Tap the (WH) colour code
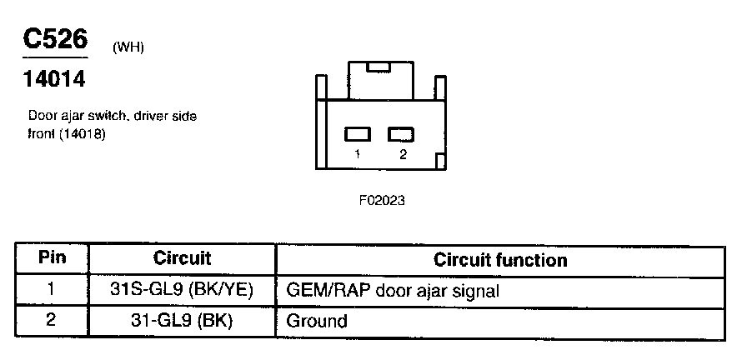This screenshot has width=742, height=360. point(128,47)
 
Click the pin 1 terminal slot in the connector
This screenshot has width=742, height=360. point(358,133)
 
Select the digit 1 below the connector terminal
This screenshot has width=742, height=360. point(358,155)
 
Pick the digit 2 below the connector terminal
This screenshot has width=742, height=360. point(403,155)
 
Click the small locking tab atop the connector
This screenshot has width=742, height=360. point(379,65)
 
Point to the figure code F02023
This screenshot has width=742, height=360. point(381,200)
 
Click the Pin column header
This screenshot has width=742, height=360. point(52,259)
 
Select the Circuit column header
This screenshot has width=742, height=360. point(183,259)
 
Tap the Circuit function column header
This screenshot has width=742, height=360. point(500,260)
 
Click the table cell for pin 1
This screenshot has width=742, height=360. point(52,290)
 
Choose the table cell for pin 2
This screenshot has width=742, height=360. point(52,320)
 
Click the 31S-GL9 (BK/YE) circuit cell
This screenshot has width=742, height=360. point(183,291)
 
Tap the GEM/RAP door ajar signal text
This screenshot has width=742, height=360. point(393,291)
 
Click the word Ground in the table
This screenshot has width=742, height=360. point(316,321)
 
